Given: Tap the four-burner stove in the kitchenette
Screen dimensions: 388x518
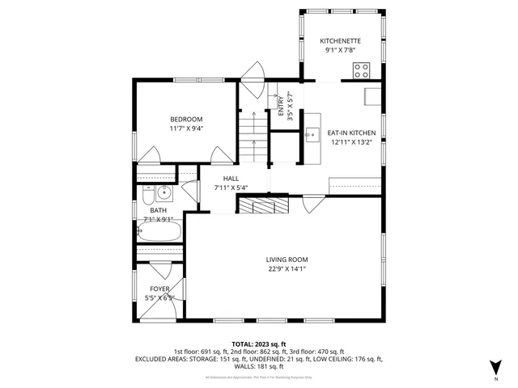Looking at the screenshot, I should click(x=361, y=70).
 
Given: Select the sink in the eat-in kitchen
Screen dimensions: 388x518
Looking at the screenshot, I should click(x=311, y=134).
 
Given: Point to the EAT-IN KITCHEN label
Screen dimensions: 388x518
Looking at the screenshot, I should click(x=350, y=133).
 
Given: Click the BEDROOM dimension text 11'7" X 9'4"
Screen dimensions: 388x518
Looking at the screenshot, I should click(x=186, y=128).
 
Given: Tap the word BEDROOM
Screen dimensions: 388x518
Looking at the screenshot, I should click(x=186, y=119).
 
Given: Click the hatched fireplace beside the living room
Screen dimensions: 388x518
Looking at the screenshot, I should click(x=262, y=205).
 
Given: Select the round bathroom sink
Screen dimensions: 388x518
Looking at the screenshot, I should click(x=163, y=193).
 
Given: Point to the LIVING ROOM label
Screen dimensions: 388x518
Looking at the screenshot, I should click(x=287, y=259).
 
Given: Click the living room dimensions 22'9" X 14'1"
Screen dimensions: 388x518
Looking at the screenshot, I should click(x=287, y=269).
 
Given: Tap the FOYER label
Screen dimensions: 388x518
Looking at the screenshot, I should click(x=159, y=289).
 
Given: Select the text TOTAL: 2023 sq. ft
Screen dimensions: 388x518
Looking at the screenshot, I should click(x=258, y=344).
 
